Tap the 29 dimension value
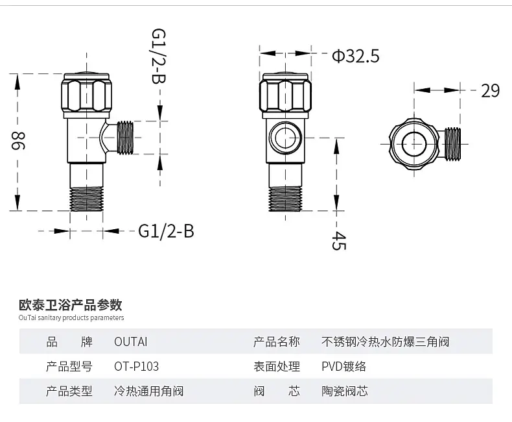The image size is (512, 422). pyautogui.click(x=490, y=90)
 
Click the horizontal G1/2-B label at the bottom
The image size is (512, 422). pyautogui.click(x=166, y=230)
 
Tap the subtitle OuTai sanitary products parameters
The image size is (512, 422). pyautogui.click(x=71, y=318)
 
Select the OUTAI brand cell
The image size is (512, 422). pyautogui.click(x=130, y=341)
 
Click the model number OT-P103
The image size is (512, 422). pyautogui.click(x=136, y=366)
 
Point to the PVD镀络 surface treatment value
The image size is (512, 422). pyautogui.click(x=343, y=366)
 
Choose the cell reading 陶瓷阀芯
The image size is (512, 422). pyautogui.click(x=345, y=391)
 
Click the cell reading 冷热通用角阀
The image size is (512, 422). pyautogui.click(x=148, y=391)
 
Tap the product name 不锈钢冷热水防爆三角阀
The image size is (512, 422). pyautogui.click(x=385, y=341)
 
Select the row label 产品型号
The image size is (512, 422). pyautogui.click(x=69, y=366)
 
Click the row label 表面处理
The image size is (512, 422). pyautogui.click(x=277, y=366)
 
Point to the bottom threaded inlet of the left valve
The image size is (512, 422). pyautogui.click(x=86, y=199)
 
